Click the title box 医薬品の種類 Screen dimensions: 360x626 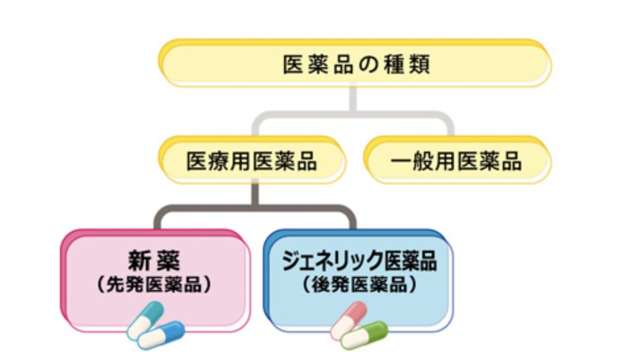pyautogui.click(x=355, y=65)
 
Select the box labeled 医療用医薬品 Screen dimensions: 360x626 pyautogui.click(x=252, y=160)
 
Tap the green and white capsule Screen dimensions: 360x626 pyautogui.click(x=364, y=335)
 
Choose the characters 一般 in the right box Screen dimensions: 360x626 pyautogui.click(x=411, y=161)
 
